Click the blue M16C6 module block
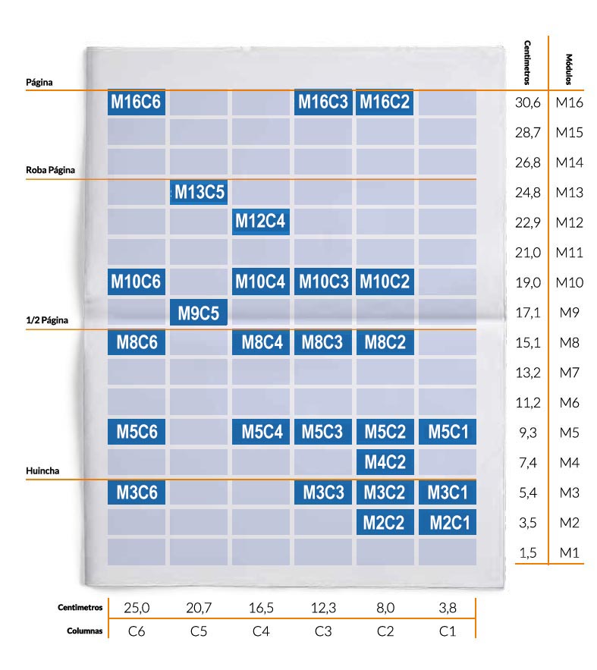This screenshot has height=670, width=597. coord(137,102)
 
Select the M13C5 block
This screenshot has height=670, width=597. coord(199,192)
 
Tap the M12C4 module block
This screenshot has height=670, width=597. coord(260,222)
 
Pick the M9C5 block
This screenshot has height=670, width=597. coord(199,312)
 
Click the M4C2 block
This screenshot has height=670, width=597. coord(385,461)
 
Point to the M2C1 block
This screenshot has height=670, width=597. coord(448,522)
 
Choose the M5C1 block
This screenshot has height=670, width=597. coord(448,432)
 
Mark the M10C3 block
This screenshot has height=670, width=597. coord(323,282)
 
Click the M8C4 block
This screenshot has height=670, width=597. coord(260,341)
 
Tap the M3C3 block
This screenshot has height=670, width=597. coord(323,492)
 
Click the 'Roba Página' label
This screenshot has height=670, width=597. coord(51,170)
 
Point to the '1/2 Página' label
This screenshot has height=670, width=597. coord(47,320)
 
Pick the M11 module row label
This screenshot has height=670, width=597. coord(569,253)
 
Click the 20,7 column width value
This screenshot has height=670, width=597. coord(199,609)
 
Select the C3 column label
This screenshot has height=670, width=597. coord(323,630)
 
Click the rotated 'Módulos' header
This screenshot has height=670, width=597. coord(569,69)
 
